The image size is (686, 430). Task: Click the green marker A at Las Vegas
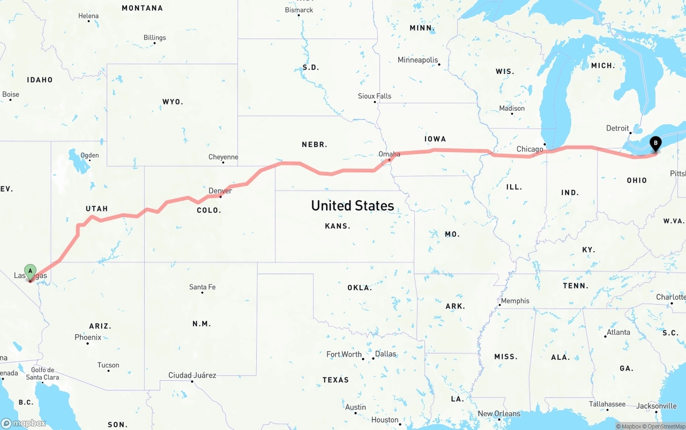pyautogui.click(x=30, y=271)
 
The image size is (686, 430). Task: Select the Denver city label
pyautogui.click(x=220, y=191)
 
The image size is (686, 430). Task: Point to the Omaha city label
pyautogui.click(x=389, y=154)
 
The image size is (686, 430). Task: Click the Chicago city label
pyautogui.click(x=530, y=149)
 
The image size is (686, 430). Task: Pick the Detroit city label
pyautogui.click(x=617, y=129)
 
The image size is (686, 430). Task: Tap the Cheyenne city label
pyautogui.click(x=223, y=157)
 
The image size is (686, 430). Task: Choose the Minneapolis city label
pyautogui.click(x=417, y=60)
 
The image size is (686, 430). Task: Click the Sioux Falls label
pyautogui.click(x=375, y=96)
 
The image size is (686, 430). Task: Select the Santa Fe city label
pyautogui.click(x=202, y=287)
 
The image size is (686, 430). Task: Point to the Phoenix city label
pyautogui.click(x=88, y=337)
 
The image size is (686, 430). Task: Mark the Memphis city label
pyautogui.click(x=515, y=301)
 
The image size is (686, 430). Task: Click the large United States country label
pyautogui.click(x=352, y=206)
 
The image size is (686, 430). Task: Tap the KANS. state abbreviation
pyautogui.click(x=338, y=227)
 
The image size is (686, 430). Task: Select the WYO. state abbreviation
pyautogui.click(x=173, y=102)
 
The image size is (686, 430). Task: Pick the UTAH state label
pyautogui.click(x=96, y=209)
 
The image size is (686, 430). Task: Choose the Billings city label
pyautogui.click(x=154, y=37)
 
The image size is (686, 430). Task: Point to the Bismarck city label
pyautogui.click(x=299, y=10)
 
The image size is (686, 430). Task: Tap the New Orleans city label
pyautogui.click(x=498, y=413)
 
